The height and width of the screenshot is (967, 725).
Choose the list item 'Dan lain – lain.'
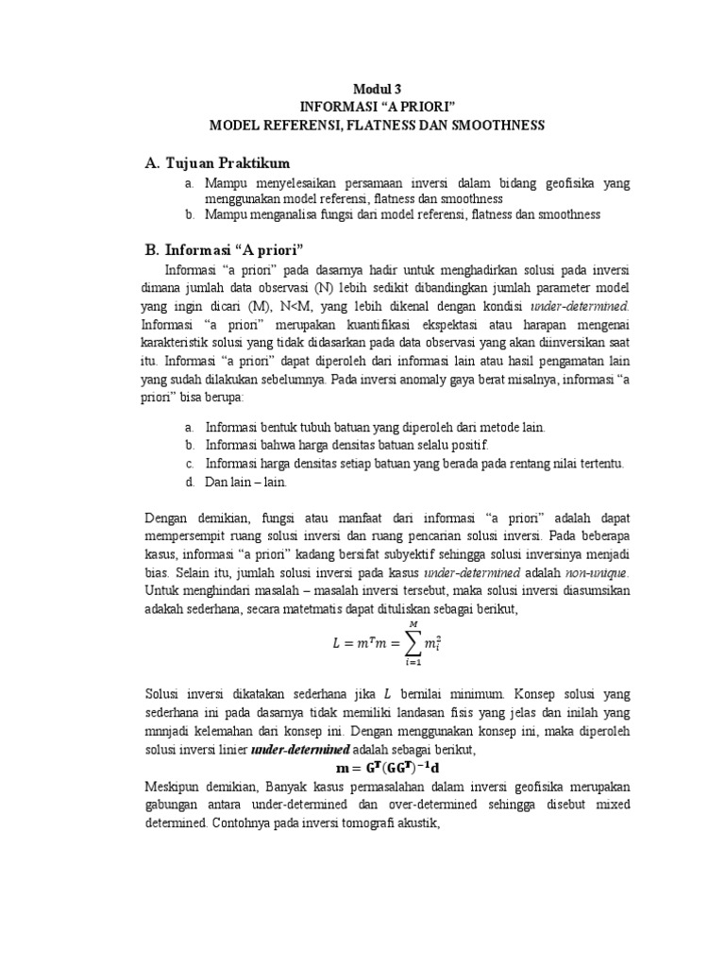coord(244,482)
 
